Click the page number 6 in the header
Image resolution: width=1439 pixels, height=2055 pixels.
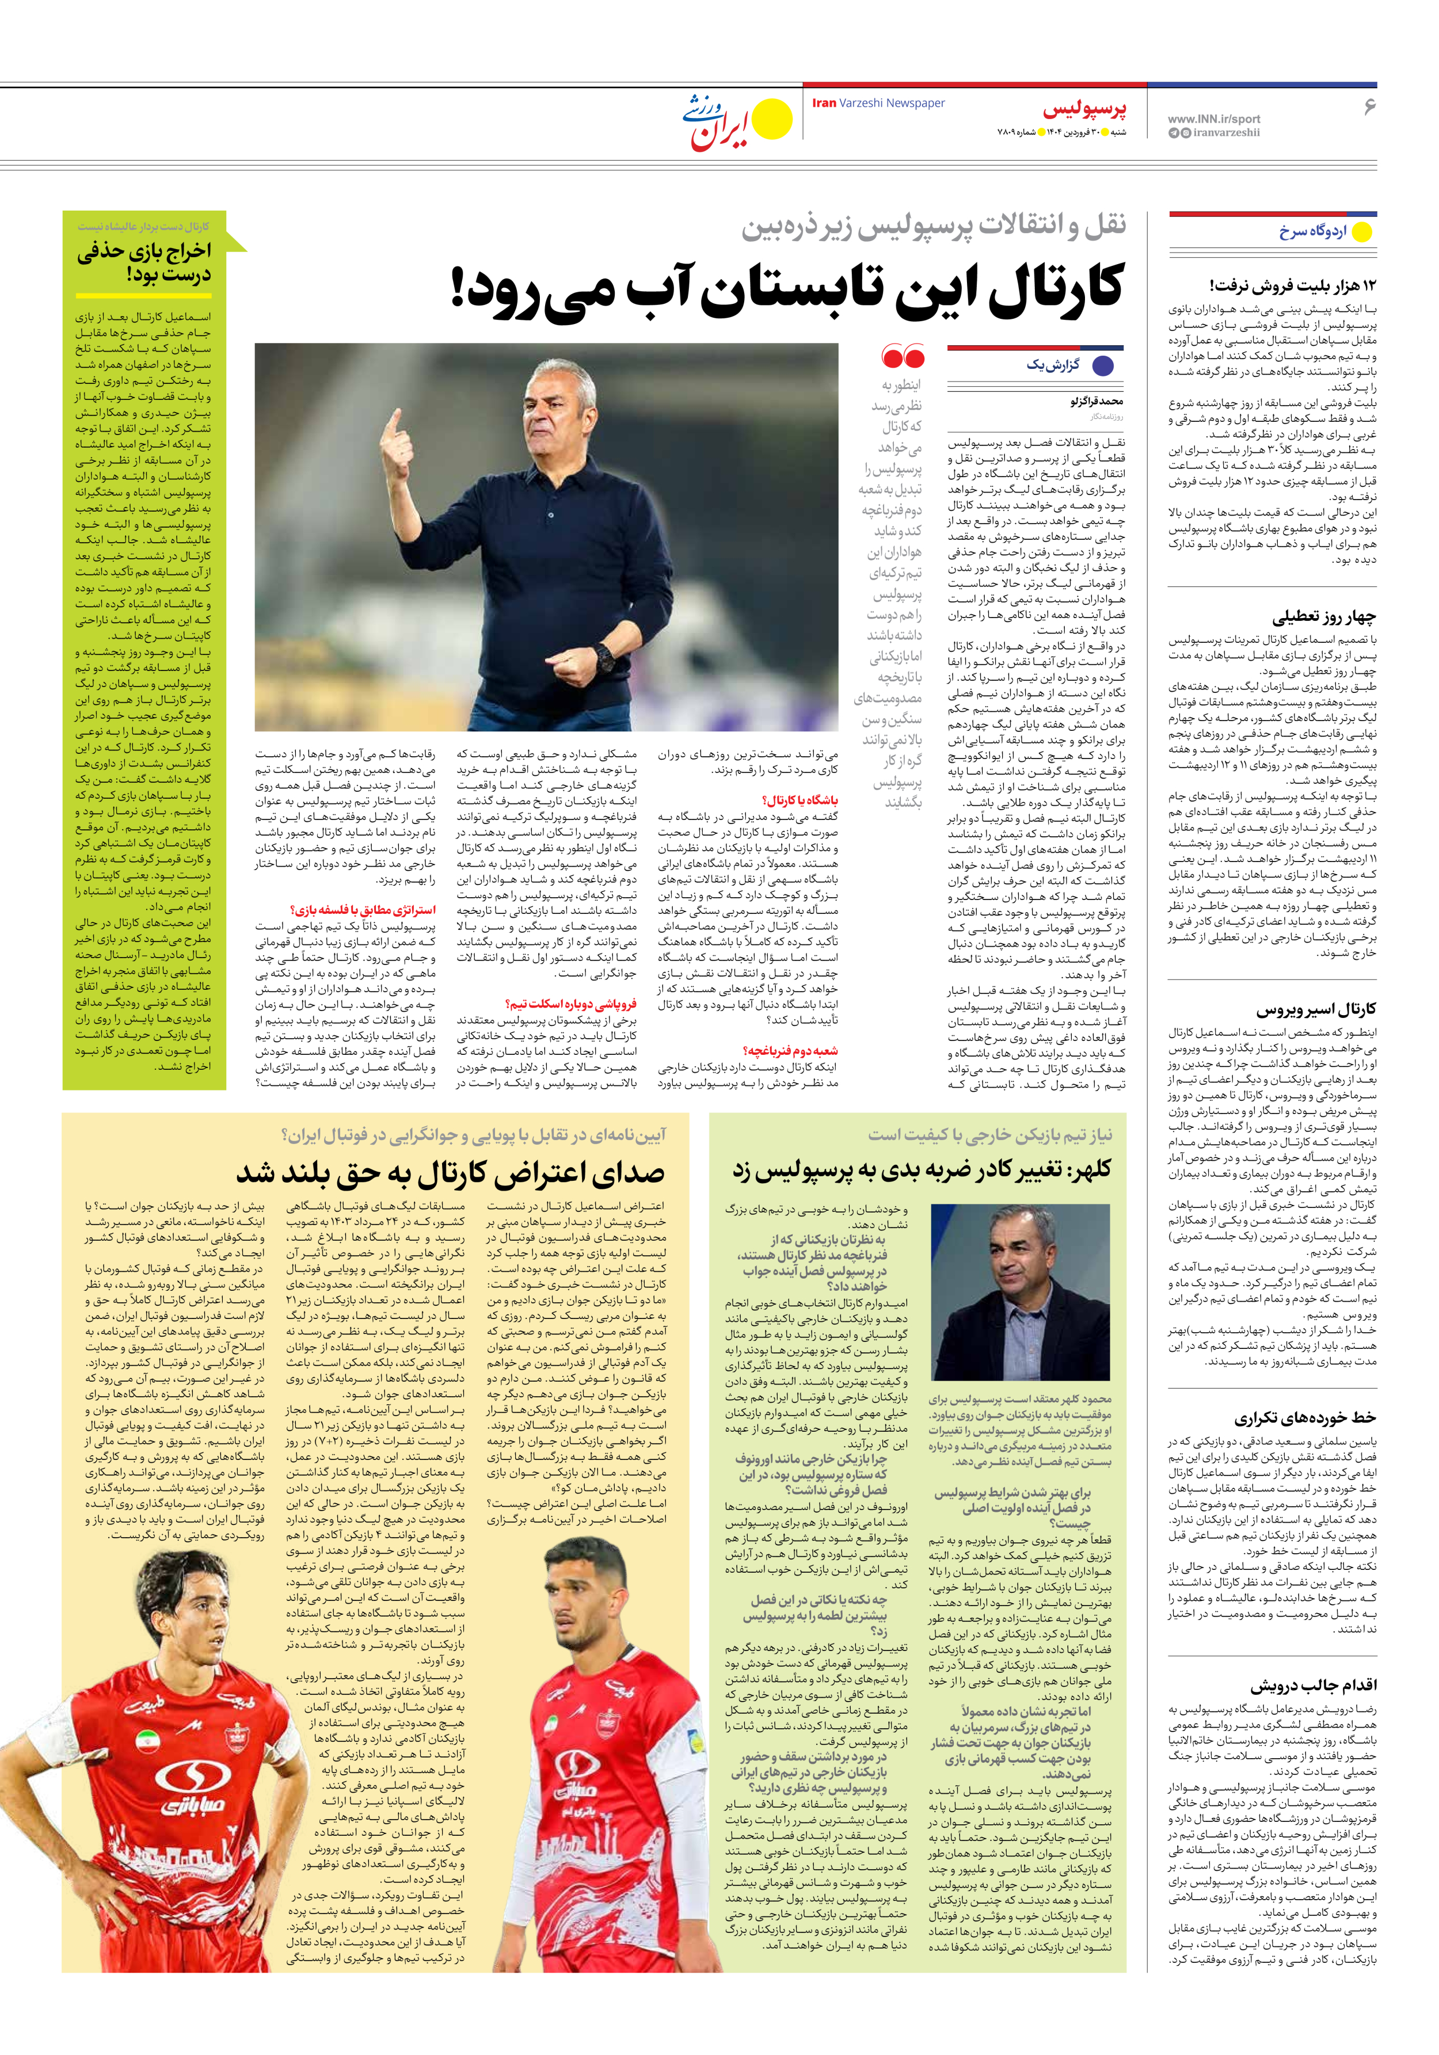[x=1368, y=106]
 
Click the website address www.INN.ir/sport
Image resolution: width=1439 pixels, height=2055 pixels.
[x=1213, y=118]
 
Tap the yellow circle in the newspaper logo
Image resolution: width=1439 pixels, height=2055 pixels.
[x=772, y=120]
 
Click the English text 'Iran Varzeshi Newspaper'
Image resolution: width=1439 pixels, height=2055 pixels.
[x=878, y=103]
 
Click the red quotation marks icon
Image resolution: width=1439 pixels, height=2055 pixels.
[x=903, y=357]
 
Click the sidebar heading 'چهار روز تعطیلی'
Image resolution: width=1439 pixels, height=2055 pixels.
[x=1323, y=617]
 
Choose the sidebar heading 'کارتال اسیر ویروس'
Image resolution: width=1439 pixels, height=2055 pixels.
[x=1315, y=1009]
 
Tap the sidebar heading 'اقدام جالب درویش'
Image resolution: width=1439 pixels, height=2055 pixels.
[x=1313, y=1686]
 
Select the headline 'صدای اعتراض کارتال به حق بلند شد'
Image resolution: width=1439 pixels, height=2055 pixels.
[x=451, y=1172]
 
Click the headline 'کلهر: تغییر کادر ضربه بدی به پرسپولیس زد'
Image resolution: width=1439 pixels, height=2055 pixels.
[x=922, y=1169]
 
